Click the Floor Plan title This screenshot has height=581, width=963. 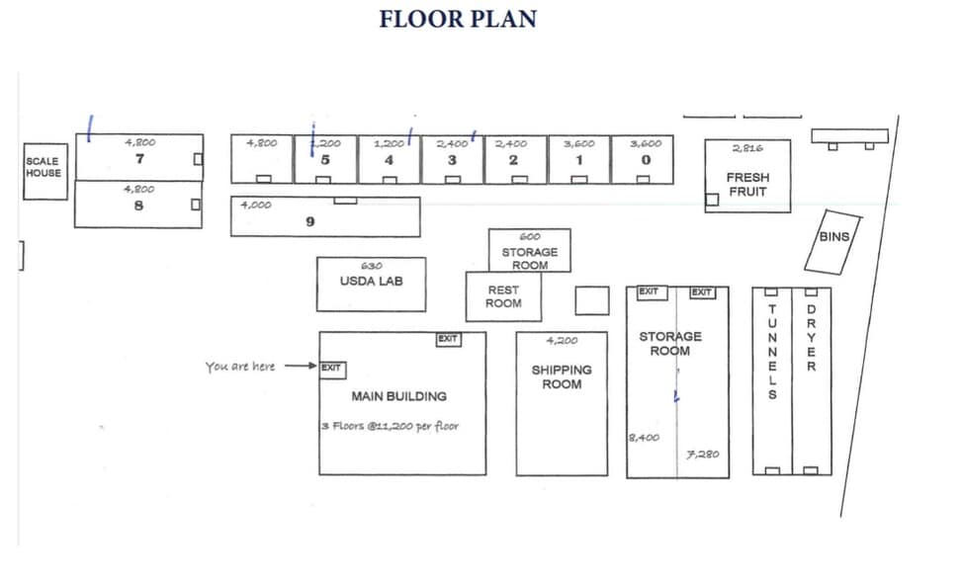click(458, 19)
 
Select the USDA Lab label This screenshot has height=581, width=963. click(371, 281)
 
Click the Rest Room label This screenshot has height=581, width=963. click(503, 297)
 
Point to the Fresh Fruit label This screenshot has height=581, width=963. click(747, 185)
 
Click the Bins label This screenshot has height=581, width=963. click(833, 237)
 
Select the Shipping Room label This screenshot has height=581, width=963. click(562, 376)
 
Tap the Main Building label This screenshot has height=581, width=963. click(398, 396)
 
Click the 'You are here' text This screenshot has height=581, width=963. click(240, 367)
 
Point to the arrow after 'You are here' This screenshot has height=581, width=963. click(300, 366)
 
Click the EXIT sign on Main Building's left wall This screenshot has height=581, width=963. click(331, 368)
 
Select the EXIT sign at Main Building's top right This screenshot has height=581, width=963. click(448, 339)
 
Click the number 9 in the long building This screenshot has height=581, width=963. click(309, 222)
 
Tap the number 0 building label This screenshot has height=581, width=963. click(645, 160)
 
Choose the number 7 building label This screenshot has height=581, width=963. click(139, 159)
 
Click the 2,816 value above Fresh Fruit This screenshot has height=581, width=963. click(747, 148)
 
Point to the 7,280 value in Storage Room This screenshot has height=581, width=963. click(703, 455)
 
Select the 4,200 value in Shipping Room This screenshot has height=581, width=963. click(562, 342)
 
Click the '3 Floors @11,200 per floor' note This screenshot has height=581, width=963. click(390, 427)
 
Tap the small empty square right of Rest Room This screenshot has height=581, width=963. click(592, 300)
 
